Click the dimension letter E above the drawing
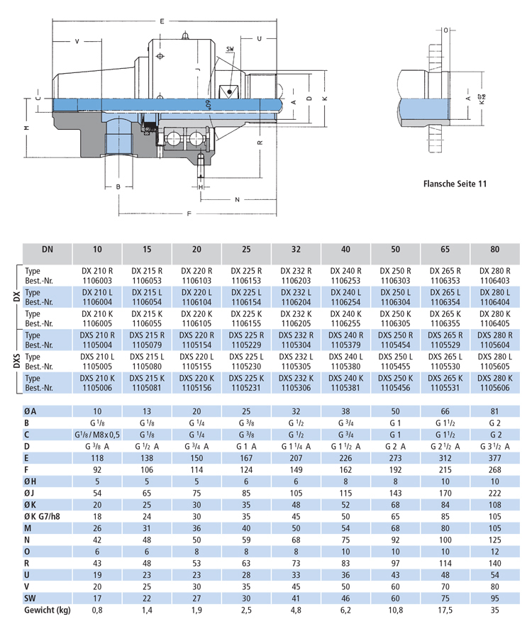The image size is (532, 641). [x=162, y=21]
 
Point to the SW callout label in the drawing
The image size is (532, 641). [x=231, y=49]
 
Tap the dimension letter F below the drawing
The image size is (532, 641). [x=189, y=213]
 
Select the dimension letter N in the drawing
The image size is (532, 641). [x=237, y=199]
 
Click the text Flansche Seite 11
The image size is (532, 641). [x=455, y=184]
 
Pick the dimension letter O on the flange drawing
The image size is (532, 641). [x=446, y=30]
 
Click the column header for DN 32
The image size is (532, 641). [x=296, y=249]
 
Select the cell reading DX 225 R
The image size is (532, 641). [x=246, y=271]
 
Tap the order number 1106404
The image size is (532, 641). [x=495, y=302]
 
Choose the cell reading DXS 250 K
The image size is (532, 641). [x=395, y=378]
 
